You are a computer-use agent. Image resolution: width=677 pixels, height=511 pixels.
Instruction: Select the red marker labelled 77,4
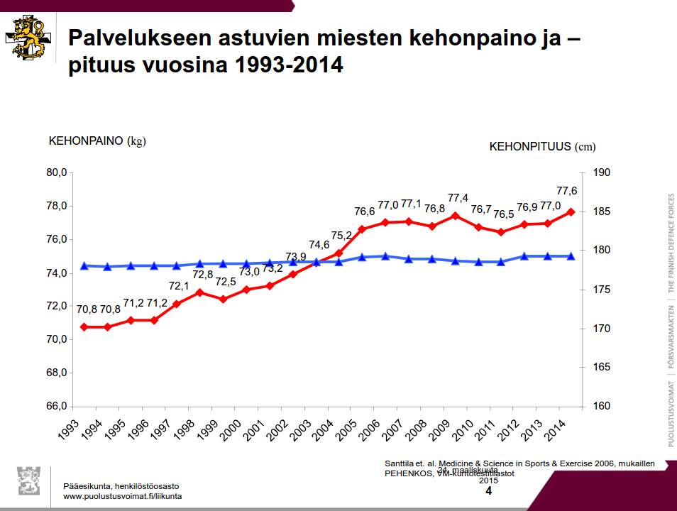[456, 216]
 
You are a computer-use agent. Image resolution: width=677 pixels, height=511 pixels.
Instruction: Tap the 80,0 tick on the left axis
[56, 172]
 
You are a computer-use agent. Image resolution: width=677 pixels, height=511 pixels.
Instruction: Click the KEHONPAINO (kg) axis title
[97, 141]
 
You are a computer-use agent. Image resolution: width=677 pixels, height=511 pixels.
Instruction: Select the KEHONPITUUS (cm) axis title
[542, 147]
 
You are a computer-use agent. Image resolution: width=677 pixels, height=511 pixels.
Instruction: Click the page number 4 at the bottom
[488, 491]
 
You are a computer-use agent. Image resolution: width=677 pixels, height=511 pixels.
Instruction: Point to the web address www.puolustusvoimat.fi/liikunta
[122, 496]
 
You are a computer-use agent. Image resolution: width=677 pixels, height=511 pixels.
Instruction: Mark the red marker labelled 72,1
[177, 304]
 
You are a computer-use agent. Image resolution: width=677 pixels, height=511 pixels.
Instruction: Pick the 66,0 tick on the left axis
[56, 406]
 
